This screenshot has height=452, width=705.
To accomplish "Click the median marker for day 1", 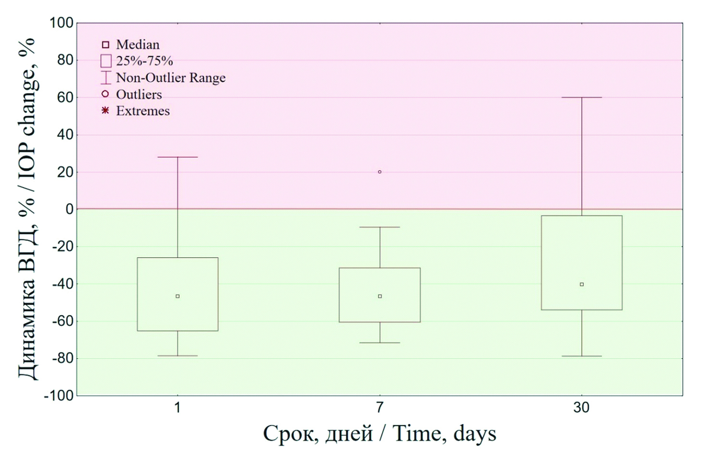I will coord(177,296).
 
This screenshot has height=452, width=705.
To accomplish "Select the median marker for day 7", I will coord(380,296).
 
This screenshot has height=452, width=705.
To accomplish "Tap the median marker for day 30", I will coord(581,284).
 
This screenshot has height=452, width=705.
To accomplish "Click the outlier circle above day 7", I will coord(380,172).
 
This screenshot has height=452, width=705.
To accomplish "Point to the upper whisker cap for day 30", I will coord(581,98).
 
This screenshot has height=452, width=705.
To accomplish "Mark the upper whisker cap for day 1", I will coord(177,157).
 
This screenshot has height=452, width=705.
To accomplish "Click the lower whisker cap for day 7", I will coord(380,342).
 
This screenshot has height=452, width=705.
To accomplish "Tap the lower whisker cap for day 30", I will coord(581,356).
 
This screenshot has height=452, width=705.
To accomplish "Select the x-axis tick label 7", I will coord(380,408).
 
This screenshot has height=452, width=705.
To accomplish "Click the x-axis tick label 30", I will coord(581,408).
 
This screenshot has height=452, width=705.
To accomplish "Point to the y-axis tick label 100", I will coord(61,23).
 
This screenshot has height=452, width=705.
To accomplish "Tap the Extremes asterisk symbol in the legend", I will coord(105,111).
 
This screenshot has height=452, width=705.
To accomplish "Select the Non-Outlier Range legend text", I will coord(171,78).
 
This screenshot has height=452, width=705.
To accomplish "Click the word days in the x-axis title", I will coord(475,433).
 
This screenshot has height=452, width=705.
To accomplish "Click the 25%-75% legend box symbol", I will coord(106,61).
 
